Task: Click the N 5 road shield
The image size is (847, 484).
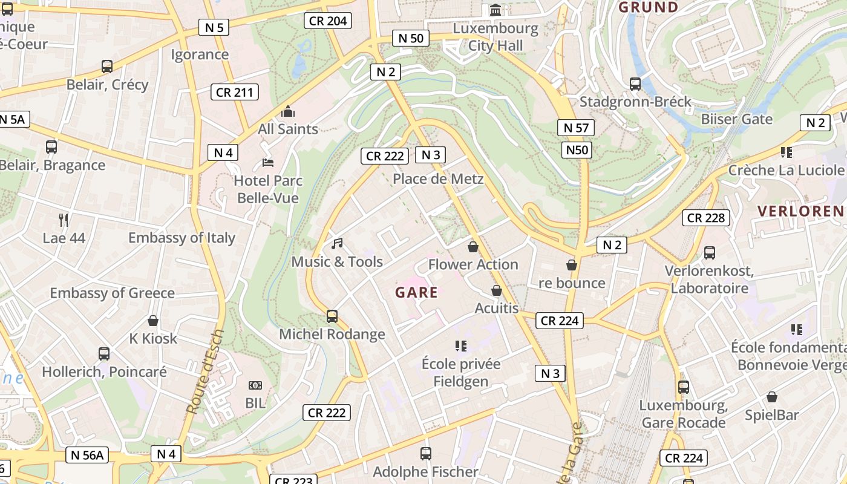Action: [x=214, y=27]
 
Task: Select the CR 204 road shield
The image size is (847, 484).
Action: [x=328, y=21]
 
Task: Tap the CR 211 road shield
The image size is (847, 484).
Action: [x=235, y=92]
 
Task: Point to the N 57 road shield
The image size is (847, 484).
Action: [x=576, y=128]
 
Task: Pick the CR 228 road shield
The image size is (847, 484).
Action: [x=706, y=218]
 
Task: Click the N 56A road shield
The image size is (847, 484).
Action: [x=87, y=455]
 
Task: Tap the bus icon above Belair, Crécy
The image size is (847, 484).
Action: [x=107, y=67]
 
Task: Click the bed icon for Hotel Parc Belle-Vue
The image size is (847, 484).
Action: [x=268, y=163]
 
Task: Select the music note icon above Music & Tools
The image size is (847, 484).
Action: [x=337, y=244]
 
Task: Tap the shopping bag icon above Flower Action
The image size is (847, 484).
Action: [x=473, y=247]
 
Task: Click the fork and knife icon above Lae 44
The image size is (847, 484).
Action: [x=64, y=220]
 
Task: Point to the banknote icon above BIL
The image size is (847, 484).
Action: [x=255, y=385]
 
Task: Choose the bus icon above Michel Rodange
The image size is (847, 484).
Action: [x=332, y=316]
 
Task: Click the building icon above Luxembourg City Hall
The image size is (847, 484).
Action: [x=495, y=10]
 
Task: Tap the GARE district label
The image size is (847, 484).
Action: [x=416, y=293]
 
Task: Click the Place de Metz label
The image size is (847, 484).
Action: [x=438, y=179]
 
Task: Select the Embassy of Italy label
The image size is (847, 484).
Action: [x=181, y=238]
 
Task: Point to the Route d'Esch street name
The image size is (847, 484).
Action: [x=206, y=372]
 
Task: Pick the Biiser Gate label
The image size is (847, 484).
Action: [x=736, y=119]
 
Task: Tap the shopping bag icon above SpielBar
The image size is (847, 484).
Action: [x=771, y=397]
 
